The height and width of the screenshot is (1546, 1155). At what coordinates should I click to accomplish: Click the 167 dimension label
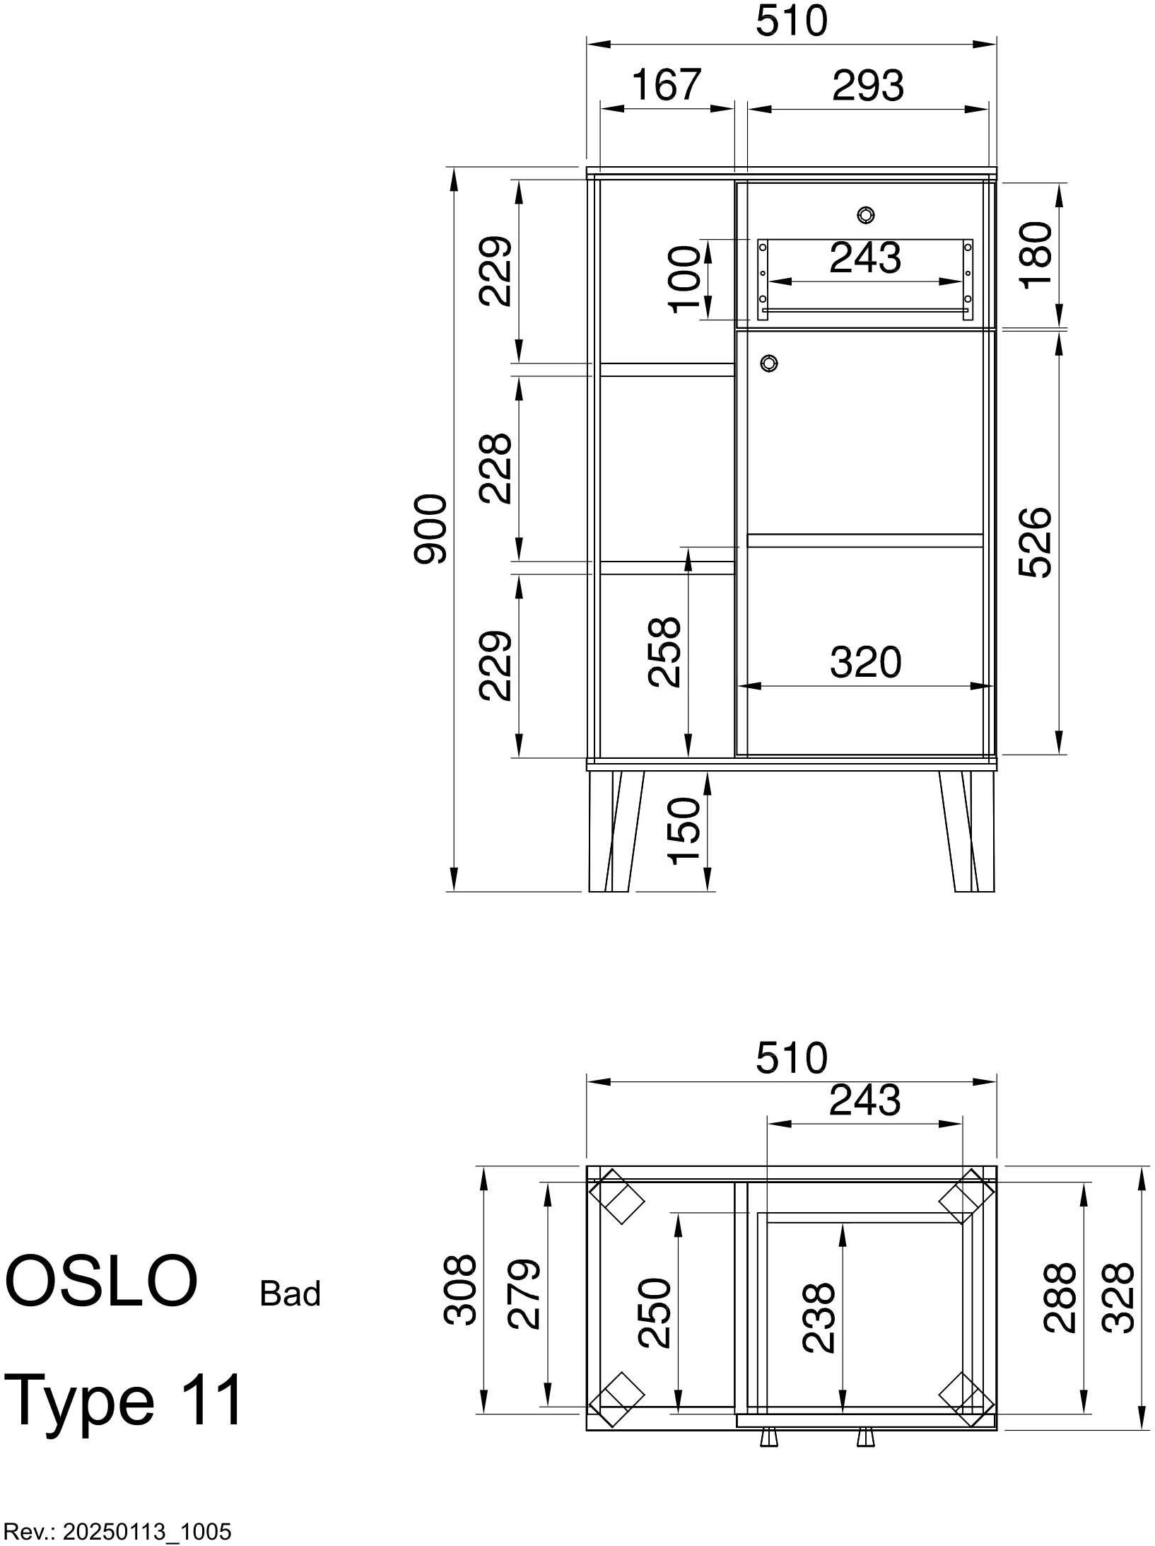(666, 85)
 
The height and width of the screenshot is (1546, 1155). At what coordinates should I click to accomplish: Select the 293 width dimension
(867, 86)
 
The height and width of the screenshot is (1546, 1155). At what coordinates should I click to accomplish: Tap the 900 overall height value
(430, 529)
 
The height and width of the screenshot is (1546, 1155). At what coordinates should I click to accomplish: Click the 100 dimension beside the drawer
(685, 279)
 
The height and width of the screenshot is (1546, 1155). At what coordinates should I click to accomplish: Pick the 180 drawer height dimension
(1036, 253)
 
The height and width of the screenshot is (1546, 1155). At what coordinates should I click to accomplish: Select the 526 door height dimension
(1036, 542)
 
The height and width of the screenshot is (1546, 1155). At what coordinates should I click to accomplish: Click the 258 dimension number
(664, 651)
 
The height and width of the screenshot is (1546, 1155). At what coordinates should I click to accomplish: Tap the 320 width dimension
(865, 663)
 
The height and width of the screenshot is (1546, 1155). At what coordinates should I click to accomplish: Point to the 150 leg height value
(684, 830)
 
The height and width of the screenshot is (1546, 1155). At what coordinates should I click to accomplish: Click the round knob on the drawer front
(865, 215)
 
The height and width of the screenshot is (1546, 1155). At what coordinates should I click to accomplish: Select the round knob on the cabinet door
(769, 364)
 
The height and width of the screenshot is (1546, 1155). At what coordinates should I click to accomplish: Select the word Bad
(290, 1294)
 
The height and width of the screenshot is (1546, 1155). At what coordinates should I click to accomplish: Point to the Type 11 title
(124, 1401)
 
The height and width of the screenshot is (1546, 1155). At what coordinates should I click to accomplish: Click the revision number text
(117, 1532)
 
